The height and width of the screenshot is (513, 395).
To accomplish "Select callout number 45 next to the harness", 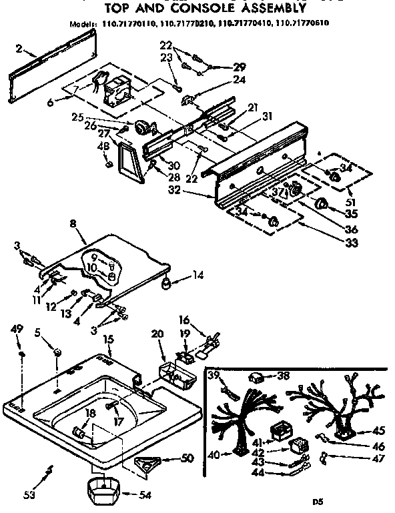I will coord(378,430).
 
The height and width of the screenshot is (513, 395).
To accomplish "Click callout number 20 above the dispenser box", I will coord(157,334).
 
